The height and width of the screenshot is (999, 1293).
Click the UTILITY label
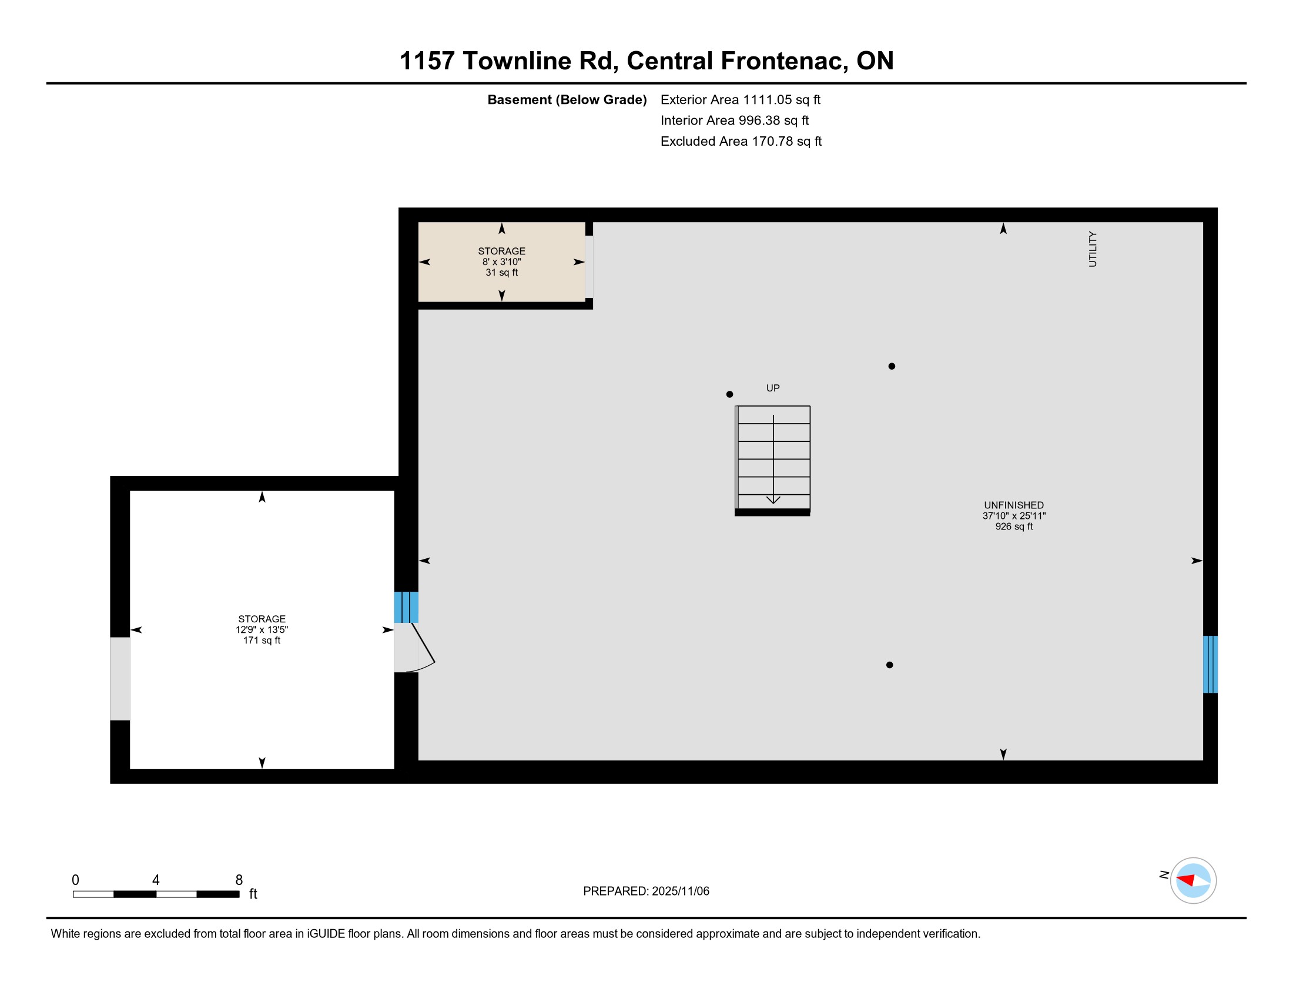tap(1093, 249)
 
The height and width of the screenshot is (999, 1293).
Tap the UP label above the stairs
tap(773, 388)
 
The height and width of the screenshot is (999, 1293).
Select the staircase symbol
tap(773, 461)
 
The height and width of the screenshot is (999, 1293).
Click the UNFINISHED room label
tap(1014, 505)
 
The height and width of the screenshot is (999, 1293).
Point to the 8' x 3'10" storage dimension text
tap(501, 262)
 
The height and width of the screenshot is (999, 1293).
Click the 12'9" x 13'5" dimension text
tap(262, 630)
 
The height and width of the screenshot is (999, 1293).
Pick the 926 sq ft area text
tap(1014, 526)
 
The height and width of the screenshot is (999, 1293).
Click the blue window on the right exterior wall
tap(1210, 664)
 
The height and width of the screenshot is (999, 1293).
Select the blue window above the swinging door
tap(406, 607)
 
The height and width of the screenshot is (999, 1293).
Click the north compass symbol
tap(1193, 881)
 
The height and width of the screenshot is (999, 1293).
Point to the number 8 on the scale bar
tap(239, 880)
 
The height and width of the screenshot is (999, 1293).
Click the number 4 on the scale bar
tap(156, 880)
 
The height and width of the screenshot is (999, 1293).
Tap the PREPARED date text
tap(646, 891)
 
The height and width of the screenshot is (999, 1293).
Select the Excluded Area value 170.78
tap(773, 141)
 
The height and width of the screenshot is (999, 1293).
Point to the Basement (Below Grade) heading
tap(567, 99)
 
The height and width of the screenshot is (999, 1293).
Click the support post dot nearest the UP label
tap(729, 394)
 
